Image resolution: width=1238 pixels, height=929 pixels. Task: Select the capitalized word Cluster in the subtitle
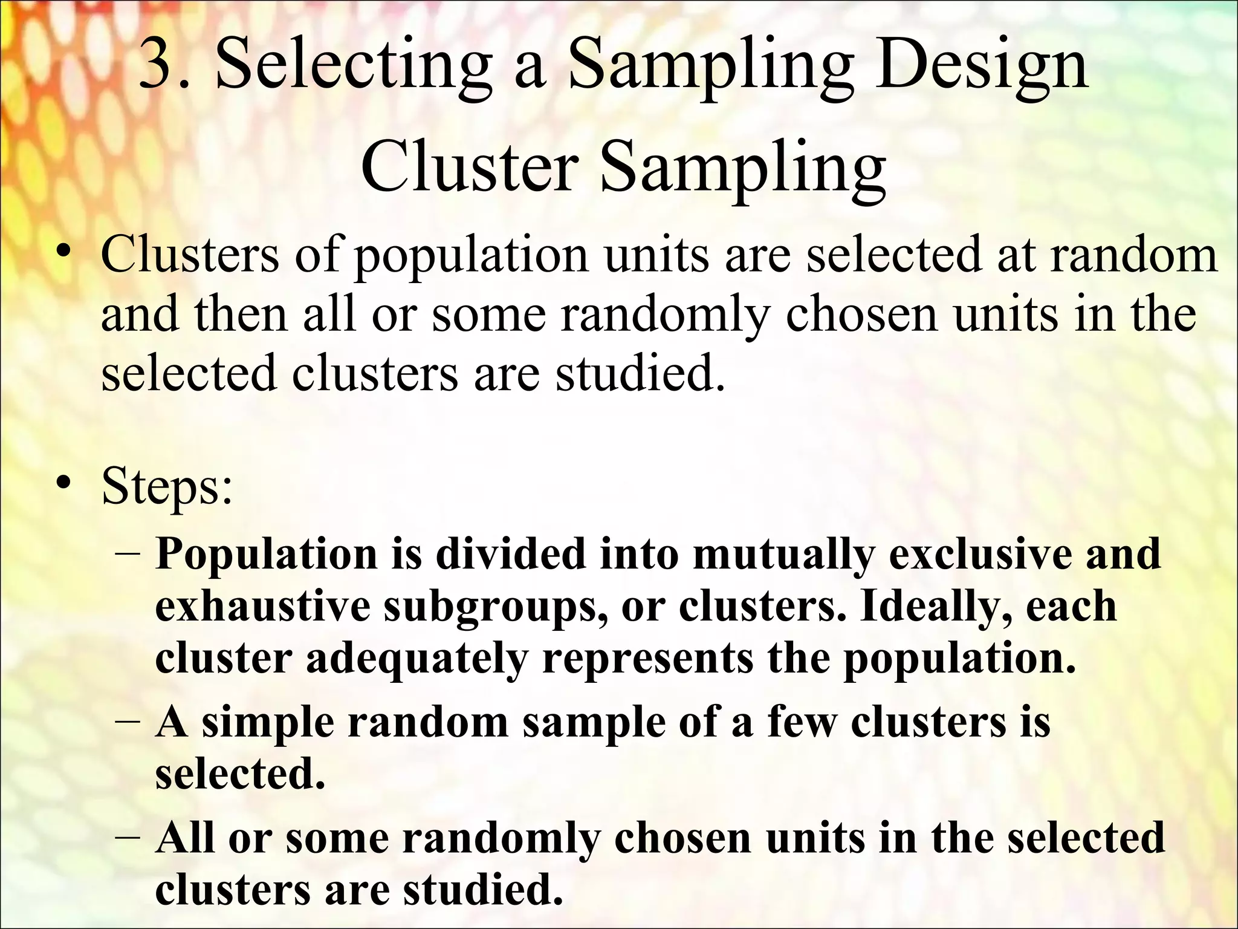468,166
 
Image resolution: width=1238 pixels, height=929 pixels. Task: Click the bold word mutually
783,555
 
